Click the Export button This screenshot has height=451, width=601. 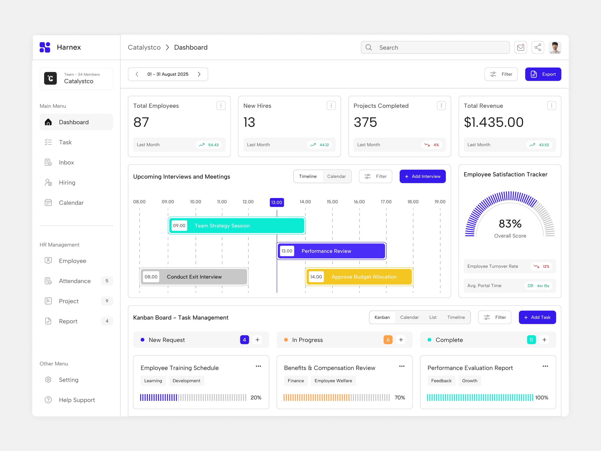tap(543, 74)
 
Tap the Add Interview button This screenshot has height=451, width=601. tap(422, 177)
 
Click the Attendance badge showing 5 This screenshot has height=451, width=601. tap(107, 281)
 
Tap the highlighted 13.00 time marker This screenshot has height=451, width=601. tap(277, 202)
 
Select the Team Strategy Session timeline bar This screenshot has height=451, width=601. tap(236, 226)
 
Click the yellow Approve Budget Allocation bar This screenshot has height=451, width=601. tap(359, 277)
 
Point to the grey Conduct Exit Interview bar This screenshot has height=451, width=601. tap(194, 277)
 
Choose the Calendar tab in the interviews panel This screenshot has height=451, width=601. tap(336, 177)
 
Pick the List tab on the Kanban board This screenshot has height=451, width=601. tap(433, 317)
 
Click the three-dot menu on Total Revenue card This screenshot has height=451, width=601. tap(551, 105)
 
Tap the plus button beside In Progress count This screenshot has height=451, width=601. tap(401, 340)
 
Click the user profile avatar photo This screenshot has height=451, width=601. tap(555, 48)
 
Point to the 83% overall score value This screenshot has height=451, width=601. tap(510, 224)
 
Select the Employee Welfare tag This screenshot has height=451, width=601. tap(333, 381)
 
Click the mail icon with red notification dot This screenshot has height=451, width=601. tap(521, 48)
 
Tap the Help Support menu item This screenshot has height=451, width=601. tap(77, 400)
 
